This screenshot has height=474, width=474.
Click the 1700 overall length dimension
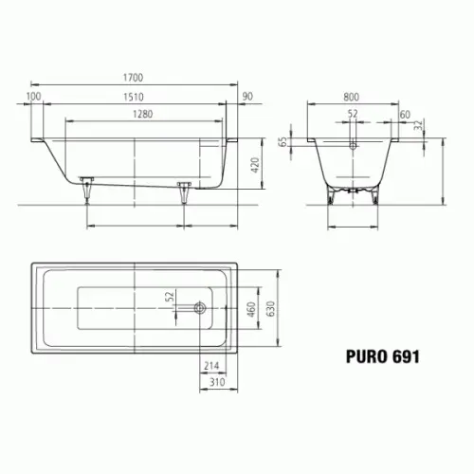pyautogui.click(x=133, y=78)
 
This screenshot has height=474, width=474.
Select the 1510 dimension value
pyautogui.click(x=134, y=97)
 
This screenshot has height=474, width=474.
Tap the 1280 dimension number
pyautogui.click(x=143, y=114)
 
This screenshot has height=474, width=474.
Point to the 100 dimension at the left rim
pyautogui.click(x=33, y=96)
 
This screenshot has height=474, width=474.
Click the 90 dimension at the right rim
pyautogui.click(x=247, y=97)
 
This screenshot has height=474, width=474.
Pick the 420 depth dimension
pyautogui.click(x=255, y=165)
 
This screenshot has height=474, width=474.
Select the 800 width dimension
pyautogui.click(x=352, y=97)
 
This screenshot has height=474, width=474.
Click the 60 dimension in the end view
pyautogui.click(x=405, y=115)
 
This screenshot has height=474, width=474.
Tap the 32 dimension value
pyautogui.click(x=418, y=125)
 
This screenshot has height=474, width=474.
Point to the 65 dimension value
pyautogui.click(x=283, y=142)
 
